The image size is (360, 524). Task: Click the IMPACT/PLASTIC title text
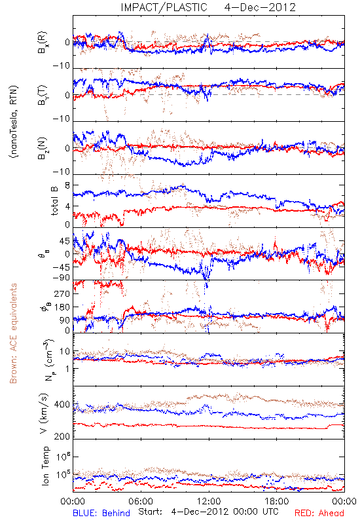(164, 7)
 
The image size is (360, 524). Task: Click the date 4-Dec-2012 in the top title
(260, 7)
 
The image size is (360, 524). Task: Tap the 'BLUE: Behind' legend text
(101, 513)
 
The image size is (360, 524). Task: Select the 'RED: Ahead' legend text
(319, 513)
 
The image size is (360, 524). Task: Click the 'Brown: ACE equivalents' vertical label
(13, 333)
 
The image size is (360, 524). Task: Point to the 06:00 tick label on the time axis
(141, 501)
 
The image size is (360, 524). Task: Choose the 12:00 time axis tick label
(209, 501)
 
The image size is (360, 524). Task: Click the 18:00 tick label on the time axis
(277, 501)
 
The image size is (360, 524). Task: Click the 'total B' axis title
(54, 201)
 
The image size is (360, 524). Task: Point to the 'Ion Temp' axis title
(45, 466)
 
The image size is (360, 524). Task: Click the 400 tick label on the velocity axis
(62, 405)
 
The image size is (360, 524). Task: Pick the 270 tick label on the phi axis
(62, 293)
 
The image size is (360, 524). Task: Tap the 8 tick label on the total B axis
(67, 186)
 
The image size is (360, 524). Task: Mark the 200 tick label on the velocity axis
(62, 436)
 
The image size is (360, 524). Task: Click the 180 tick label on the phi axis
(62, 307)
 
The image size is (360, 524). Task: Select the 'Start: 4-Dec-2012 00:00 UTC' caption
(208, 512)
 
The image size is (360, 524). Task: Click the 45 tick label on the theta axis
(65, 241)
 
